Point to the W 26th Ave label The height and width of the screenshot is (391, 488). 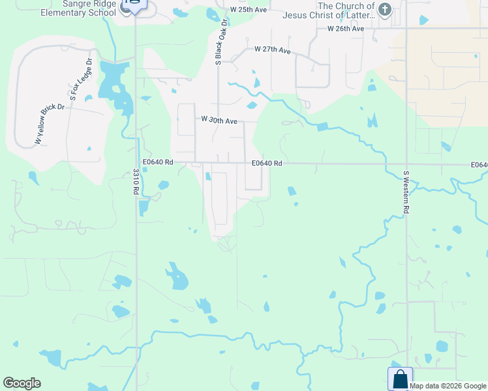[x=346, y=29]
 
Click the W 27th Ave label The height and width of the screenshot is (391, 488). [x=272, y=50]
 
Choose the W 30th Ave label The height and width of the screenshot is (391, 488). [x=219, y=121]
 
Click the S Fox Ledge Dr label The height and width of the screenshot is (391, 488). [x=81, y=80]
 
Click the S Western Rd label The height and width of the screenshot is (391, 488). [x=406, y=192]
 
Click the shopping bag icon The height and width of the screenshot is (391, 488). [x=400, y=378]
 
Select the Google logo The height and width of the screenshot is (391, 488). [x=22, y=383]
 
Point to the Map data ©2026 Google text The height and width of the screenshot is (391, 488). [x=448, y=386]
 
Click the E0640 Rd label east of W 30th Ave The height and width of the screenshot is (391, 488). [x=267, y=163]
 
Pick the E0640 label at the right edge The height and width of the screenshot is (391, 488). [x=479, y=165]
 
